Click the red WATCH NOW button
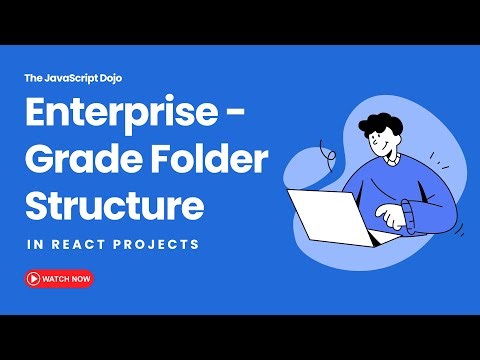pos(59,278)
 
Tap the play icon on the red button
pos(34,278)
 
